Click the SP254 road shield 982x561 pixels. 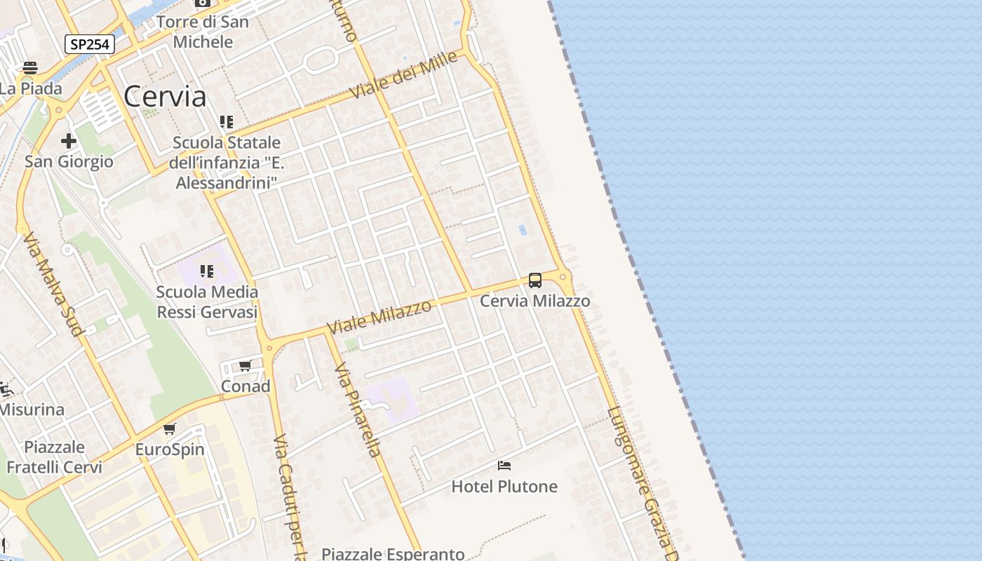pyautogui.click(x=90, y=44)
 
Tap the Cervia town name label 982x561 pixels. pyautogui.click(x=165, y=97)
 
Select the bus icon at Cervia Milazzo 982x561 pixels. pyautogui.click(x=535, y=280)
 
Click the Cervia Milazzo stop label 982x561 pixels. pyautogui.click(x=534, y=301)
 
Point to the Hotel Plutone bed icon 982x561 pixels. pyautogui.click(x=504, y=466)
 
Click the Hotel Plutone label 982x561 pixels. pyautogui.click(x=504, y=486)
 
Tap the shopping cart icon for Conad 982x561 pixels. pyautogui.click(x=245, y=366)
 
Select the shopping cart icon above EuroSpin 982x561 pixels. pyautogui.click(x=169, y=429)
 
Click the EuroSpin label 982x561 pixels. pyautogui.click(x=170, y=450)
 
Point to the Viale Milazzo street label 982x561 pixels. pyautogui.click(x=379, y=316)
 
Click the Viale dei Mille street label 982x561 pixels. pyautogui.click(x=405, y=75)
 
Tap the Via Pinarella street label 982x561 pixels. pyautogui.click(x=358, y=410)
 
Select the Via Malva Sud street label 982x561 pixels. pyautogui.click(x=53, y=283)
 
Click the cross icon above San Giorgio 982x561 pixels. pyautogui.click(x=69, y=141)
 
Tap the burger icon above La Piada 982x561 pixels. pyautogui.click(x=29, y=68)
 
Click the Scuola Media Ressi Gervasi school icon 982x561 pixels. pyautogui.click(x=207, y=271)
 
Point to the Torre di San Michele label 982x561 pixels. pyautogui.click(x=203, y=32)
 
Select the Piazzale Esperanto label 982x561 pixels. pyautogui.click(x=393, y=553)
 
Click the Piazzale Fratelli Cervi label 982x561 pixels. pyautogui.click(x=54, y=457)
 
